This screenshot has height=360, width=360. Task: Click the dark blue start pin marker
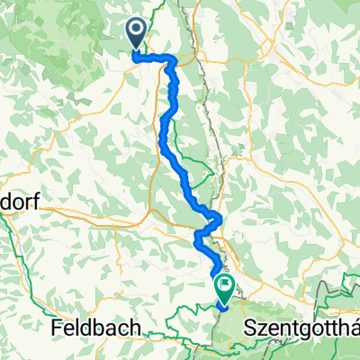coord(136,35)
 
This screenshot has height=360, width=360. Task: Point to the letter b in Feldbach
coord(97,329)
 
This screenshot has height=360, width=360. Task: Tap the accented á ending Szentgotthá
coord(353,329)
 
